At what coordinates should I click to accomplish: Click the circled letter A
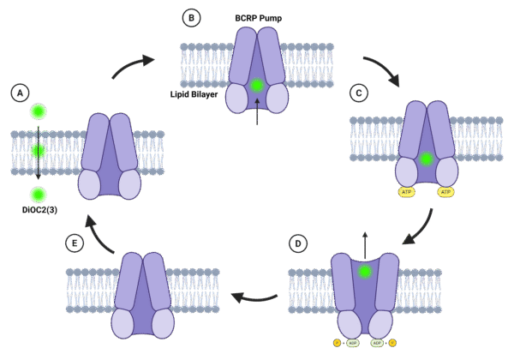[x=20, y=92]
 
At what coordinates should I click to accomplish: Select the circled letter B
[x=191, y=17]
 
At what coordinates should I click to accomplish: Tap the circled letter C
[x=359, y=93]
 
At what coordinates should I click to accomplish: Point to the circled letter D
[x=297, y=243]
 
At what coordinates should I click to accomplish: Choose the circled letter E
[x=75, y=243]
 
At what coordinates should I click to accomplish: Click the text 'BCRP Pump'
[x=258, y=18]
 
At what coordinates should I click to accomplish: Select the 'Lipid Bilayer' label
[x=194, y=94]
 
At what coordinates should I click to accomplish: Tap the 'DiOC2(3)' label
[x=39, y=209]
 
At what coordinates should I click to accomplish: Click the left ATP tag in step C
[x=406, y=192]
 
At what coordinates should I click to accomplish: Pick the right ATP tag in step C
[x=445, y=192]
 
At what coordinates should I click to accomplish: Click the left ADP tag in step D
[x=352, y=343]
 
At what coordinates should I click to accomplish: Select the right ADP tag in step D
[x=377, y=343]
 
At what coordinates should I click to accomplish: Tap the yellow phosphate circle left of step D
[x=338, y=343]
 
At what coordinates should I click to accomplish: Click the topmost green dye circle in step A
[x=39, y=111]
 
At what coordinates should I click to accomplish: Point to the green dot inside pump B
[x=257, y=85]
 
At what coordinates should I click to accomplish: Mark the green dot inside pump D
[x=365, y=272]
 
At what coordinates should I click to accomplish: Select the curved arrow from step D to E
[x=254, y=297]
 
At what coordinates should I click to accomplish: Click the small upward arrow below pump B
[x=257, y=111]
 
